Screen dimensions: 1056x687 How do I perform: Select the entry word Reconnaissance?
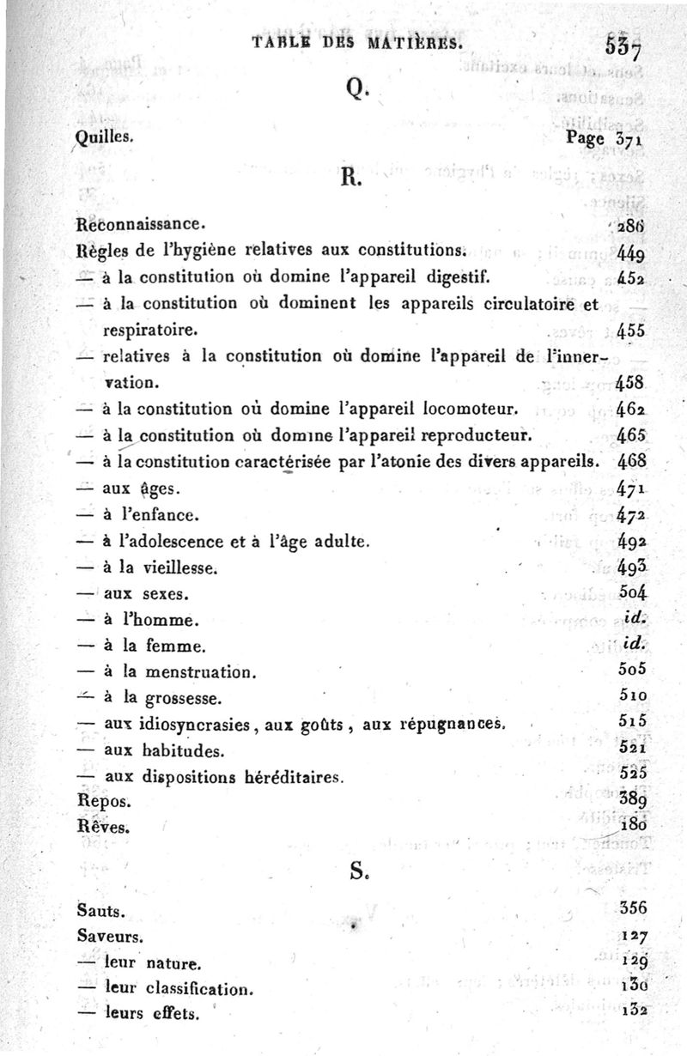click(x=138, y=225)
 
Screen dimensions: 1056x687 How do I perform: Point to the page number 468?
click(x=631, y=460)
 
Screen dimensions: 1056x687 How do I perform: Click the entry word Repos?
click(x=103, y=801)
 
